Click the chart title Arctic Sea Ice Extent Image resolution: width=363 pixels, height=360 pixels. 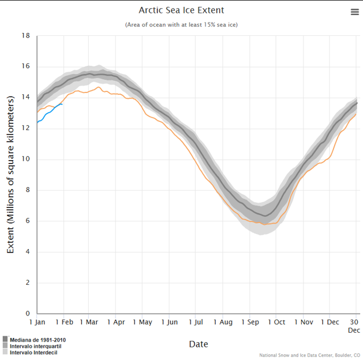point(181,10)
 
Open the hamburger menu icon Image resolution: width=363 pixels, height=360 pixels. point(355,12)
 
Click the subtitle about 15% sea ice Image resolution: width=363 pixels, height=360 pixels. point(181,24)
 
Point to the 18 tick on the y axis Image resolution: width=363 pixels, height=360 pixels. point(26,35)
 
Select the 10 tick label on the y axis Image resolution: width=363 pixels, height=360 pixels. point(26,159)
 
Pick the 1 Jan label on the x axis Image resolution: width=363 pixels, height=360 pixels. point(37,322)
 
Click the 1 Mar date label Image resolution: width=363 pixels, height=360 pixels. point(89,322)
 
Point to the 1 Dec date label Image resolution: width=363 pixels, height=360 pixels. point(330,322)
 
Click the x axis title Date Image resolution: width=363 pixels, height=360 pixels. point(198,344)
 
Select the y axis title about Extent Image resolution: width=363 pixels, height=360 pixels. point(10,175)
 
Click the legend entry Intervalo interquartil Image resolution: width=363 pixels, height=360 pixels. point(35,346)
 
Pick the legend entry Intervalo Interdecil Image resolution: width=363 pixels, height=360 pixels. point(33,352)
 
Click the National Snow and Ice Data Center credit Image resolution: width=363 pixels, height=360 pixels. point(310,355)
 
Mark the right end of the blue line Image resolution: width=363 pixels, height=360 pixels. point(62,103)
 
